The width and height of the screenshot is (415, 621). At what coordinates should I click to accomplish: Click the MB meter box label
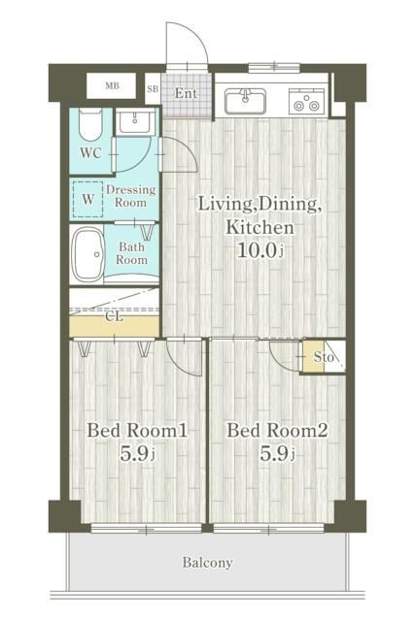113,85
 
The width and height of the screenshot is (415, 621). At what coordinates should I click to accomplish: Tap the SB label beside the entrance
153,88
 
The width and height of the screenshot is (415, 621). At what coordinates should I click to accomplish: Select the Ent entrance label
186,93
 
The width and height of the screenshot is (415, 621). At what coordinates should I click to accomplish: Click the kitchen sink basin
246,101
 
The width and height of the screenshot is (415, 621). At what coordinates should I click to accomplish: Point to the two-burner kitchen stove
306,102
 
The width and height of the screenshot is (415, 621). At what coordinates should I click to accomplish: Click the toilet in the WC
90,124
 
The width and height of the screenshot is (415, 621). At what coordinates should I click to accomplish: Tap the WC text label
90,153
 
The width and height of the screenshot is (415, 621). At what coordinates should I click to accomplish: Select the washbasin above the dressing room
135,122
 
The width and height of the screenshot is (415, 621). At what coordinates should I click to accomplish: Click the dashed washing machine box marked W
88,199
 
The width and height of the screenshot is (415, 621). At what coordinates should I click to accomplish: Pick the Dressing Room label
131,196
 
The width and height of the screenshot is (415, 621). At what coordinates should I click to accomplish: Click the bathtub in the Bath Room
88,254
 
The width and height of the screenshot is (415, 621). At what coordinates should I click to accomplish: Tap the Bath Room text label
132,253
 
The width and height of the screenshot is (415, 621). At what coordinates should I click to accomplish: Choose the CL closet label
115,317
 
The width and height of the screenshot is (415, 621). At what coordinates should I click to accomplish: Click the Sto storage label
324,357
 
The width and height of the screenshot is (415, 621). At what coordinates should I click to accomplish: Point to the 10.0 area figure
257,250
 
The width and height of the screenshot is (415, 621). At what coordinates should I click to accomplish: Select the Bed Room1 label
137,431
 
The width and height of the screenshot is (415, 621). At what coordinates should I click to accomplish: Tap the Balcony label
208,563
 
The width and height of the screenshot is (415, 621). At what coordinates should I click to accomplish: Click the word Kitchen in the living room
259,227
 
